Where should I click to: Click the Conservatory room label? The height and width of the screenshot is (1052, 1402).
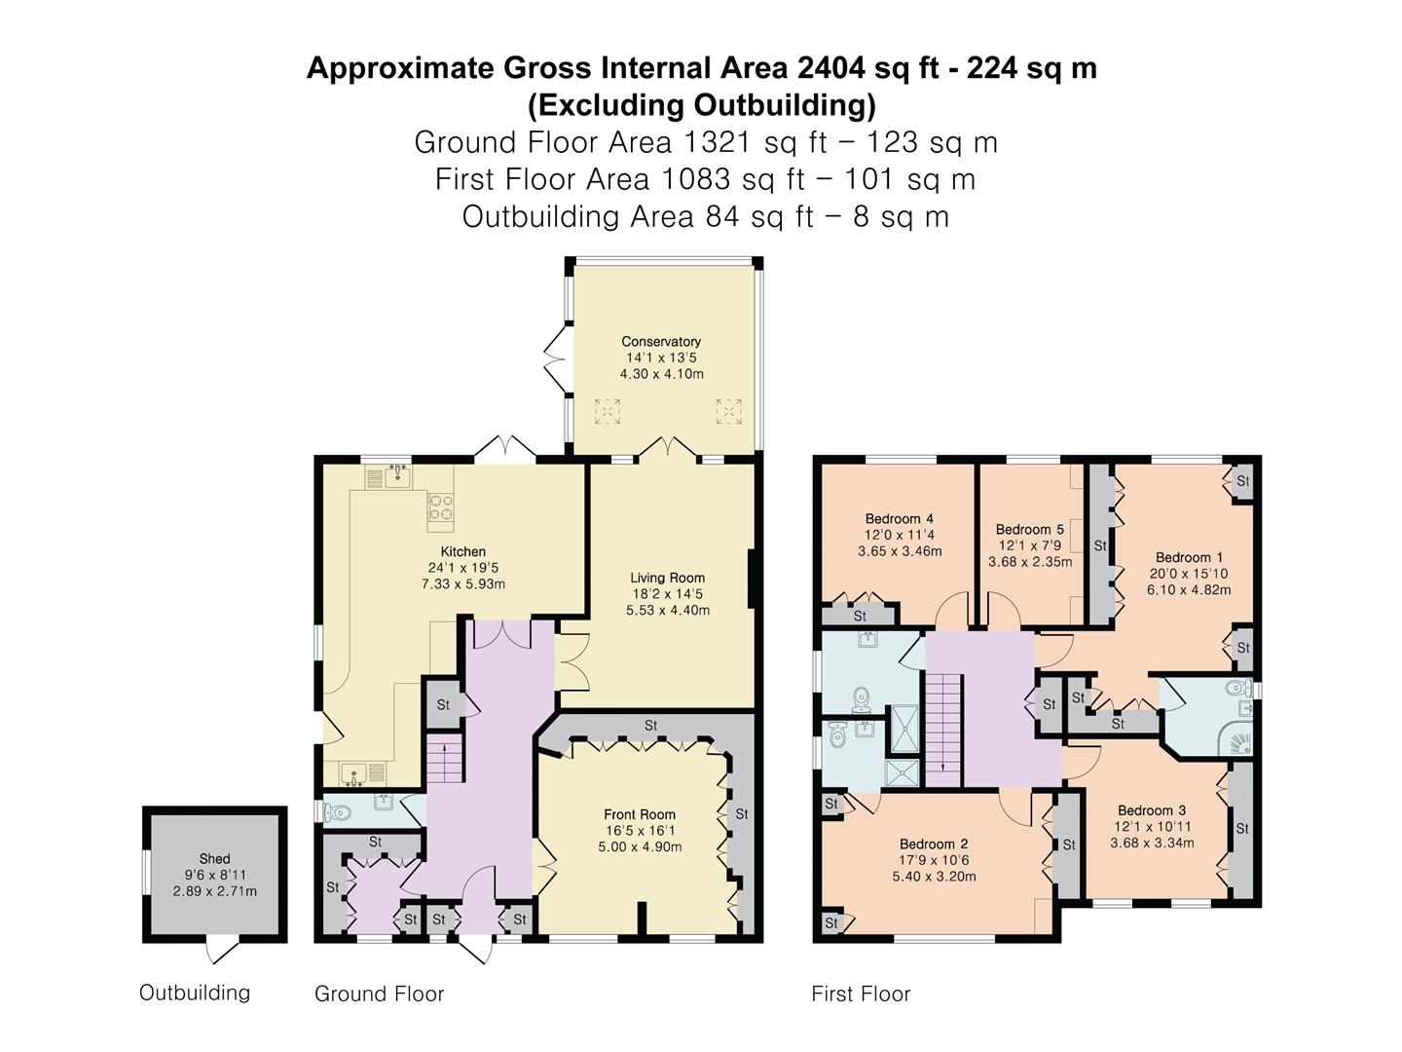[660, 341]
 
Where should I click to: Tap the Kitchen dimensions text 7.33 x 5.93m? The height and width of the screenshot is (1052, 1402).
[463, 583]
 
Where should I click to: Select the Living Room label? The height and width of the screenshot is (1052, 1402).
[668, 578]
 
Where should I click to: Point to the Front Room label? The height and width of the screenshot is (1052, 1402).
[640, 814]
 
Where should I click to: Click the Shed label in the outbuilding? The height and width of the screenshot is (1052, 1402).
[214, 859]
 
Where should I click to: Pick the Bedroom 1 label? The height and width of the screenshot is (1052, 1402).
[1189, 557]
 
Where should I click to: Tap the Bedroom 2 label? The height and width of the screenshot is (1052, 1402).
[934, 844]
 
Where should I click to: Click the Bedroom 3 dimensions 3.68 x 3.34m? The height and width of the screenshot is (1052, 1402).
[1152, 843]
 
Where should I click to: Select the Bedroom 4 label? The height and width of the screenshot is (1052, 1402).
[900, 518]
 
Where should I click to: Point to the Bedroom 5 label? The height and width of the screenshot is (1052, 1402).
[1030, 530]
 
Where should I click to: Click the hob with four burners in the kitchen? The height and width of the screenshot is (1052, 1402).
[440, 507]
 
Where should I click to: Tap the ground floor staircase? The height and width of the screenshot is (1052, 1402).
[444, 759]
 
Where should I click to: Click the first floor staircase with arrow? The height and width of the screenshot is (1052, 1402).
[943, 731]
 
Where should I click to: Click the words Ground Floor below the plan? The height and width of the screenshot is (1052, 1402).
[379, 994]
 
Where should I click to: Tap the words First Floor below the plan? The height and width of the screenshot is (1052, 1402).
[861, 994]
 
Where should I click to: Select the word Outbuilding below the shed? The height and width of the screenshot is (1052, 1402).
[195, 993]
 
